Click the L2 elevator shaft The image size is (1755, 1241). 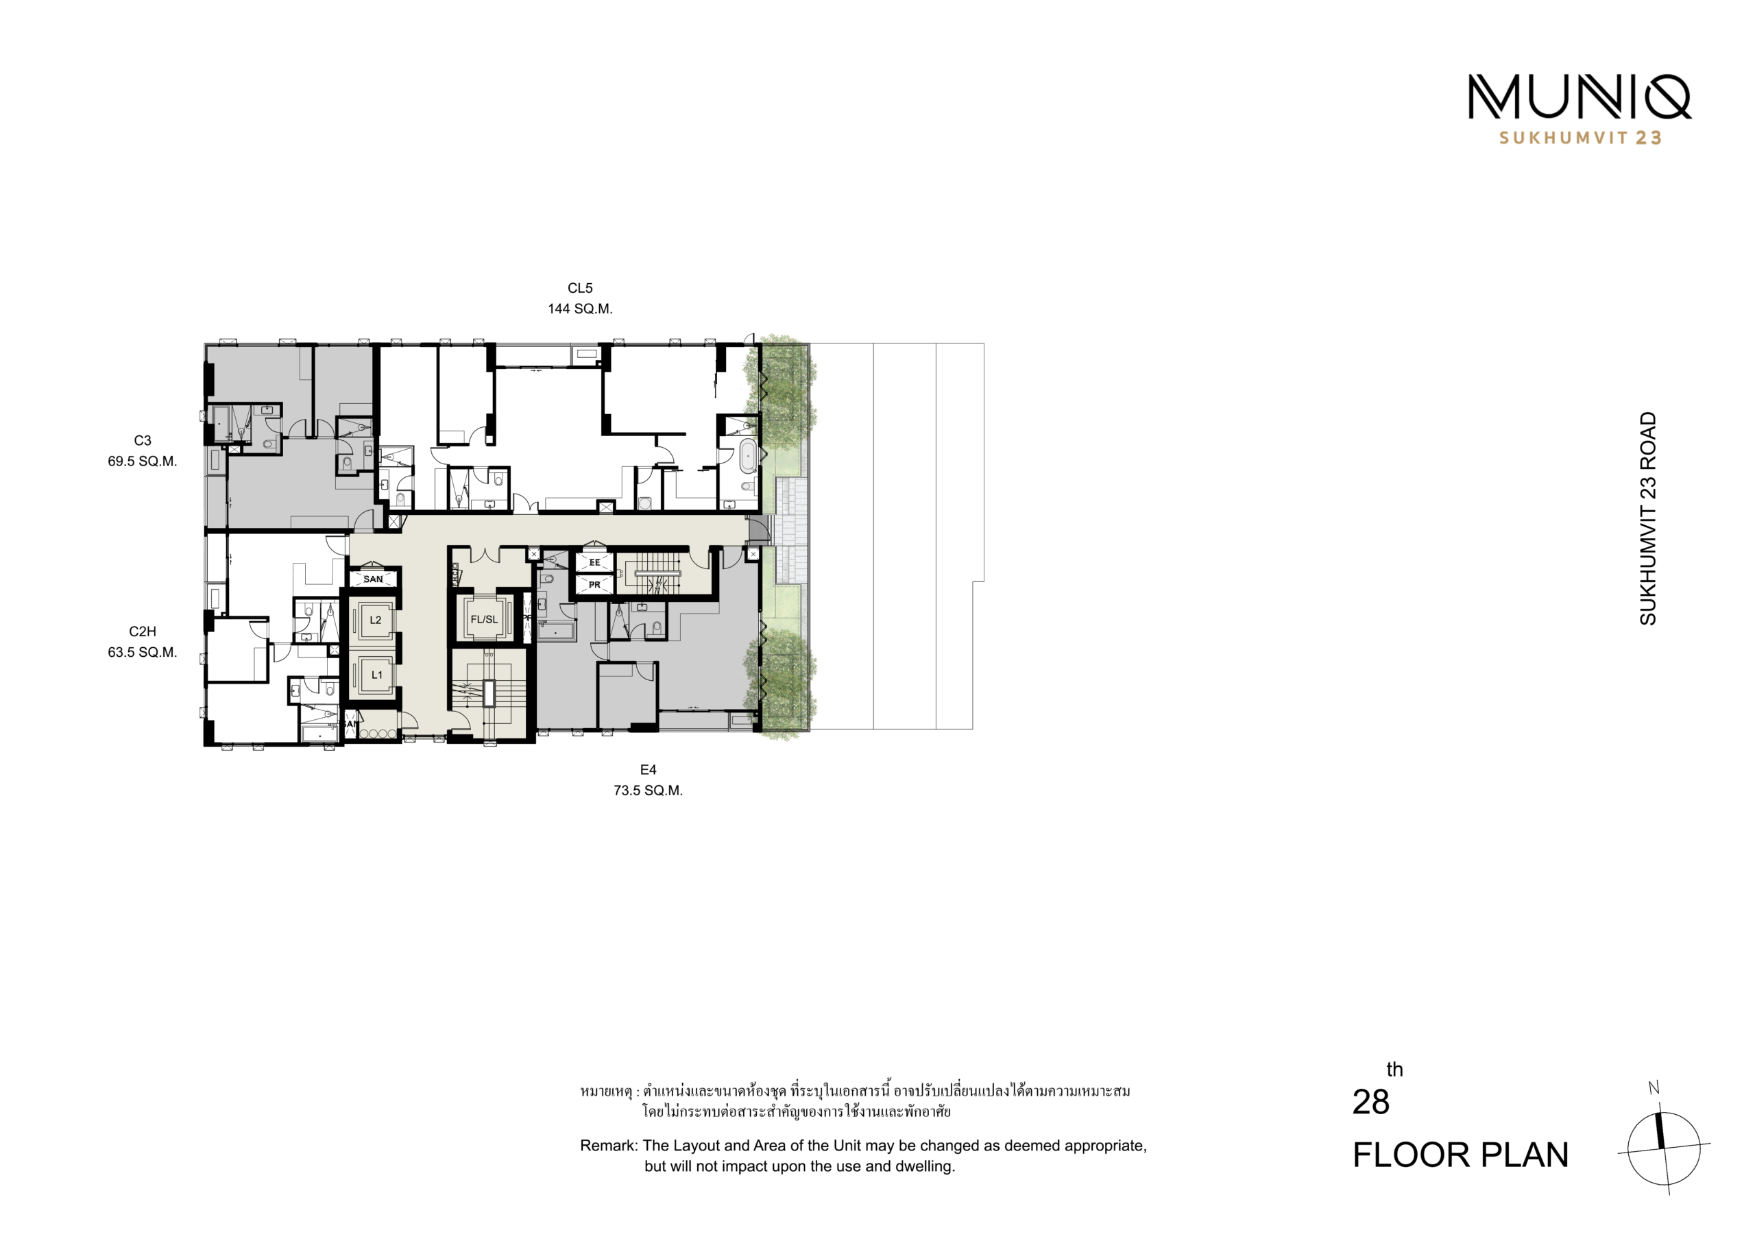coord(374,620)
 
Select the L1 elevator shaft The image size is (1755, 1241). coord(374,675)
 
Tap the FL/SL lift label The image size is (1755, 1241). coord(484,619)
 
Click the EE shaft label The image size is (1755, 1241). coord(594,563)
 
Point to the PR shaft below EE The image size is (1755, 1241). coord(594,585)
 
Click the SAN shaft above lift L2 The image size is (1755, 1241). coord(373,579)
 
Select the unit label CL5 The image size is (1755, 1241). coord(580,288)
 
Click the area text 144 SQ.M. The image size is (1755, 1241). coord(580,309)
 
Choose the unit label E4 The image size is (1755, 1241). coord(649,770)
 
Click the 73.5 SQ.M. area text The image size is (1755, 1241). coord(649,791)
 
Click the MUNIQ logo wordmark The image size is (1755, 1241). coord(1579,97)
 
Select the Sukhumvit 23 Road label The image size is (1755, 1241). coord(1648,518)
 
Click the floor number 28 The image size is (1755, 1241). coord(1370,1102)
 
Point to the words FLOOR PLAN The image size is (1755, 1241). coord(1461,1155)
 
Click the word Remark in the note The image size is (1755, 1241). coord(609,1146)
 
